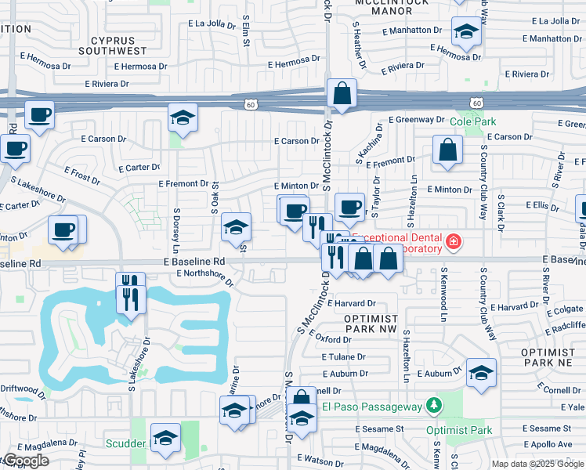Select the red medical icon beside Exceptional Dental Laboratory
coord(453,242)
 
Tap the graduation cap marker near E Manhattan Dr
coord(467,33)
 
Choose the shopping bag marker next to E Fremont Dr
coord(447,151)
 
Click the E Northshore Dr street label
coord(204,277)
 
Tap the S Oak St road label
coord(215,198)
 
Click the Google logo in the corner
coord(26,461)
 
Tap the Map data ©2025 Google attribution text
coord(537,464)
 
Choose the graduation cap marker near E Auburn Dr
coord(481,373)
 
